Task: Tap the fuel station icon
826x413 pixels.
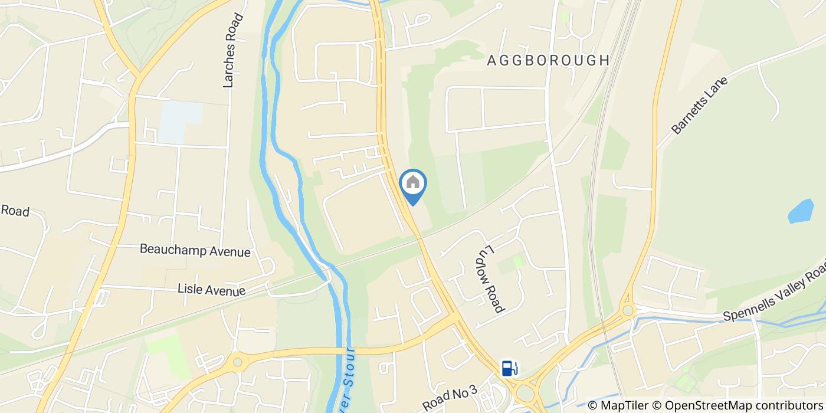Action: point(509,368)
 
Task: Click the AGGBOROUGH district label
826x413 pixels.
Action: point(548,60)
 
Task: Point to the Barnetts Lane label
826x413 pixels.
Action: point(700,105)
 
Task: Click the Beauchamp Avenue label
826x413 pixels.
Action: point(195,250)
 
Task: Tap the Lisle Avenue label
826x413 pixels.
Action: point(212,290)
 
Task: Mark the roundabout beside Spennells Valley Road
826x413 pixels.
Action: point(627,310)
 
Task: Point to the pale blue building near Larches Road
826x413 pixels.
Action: point(179,122)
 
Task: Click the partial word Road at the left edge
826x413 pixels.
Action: point(15,211)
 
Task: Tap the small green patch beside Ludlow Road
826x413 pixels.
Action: point(517,260)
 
